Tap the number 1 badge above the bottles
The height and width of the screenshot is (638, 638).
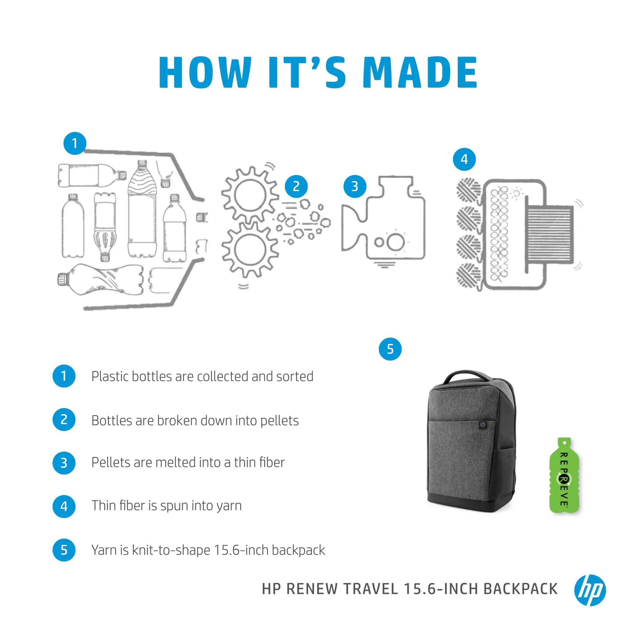75,143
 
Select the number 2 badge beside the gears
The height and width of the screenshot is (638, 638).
296,187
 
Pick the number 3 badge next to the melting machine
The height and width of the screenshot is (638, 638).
355,187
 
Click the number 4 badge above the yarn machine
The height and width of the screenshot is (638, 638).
464,159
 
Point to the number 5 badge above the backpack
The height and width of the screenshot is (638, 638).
390,349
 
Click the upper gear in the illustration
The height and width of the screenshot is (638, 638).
250,196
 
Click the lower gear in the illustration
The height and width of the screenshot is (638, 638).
250,250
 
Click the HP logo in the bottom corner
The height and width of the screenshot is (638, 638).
590,590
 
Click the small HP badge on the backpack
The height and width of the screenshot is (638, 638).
483,425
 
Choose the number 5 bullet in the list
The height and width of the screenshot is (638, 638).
64,550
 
